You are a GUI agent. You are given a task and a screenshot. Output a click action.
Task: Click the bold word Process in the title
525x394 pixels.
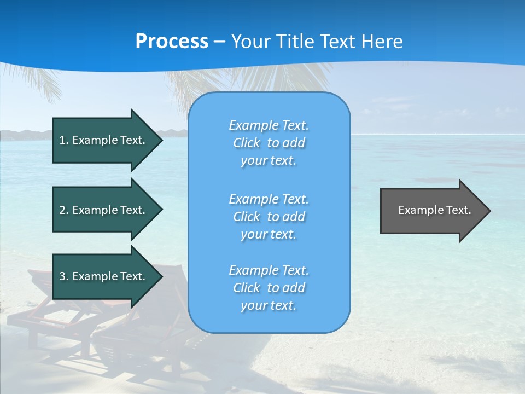pyautogui.click(x=172, y=41)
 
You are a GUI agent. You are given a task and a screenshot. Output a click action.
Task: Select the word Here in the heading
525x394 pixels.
pyautogui.click(x=383, y=41)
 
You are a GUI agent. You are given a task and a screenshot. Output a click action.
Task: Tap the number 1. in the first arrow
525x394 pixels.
pyautogui.click(x=64, y=140)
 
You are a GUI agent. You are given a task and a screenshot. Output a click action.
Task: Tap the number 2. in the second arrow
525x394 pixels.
pyautogui.click(x=64, y=210)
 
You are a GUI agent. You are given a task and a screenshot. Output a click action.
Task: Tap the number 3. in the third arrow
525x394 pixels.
pyautogui.click(x=64, y=276)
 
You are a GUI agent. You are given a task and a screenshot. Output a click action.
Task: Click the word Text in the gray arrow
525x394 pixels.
pyautogui.click(x=458, y=210)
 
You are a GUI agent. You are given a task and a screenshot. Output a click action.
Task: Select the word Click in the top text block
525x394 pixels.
pyautogui.click(x=247, y=143)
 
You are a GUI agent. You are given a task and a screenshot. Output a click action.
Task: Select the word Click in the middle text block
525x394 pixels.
pyautogui.click(x=247, y=217)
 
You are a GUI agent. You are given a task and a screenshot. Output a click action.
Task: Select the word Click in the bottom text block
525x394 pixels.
pyautogui.click(x=247, y=288)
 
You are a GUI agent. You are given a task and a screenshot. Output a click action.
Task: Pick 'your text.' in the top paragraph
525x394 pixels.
pyautogui.click(x=269, y=161)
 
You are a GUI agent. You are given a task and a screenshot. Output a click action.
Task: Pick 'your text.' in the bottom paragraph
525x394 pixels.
pyautogui.click(x=269, y=306)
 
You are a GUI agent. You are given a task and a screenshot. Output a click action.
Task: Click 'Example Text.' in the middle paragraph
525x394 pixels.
pyautogui.click(x=269, y=199)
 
